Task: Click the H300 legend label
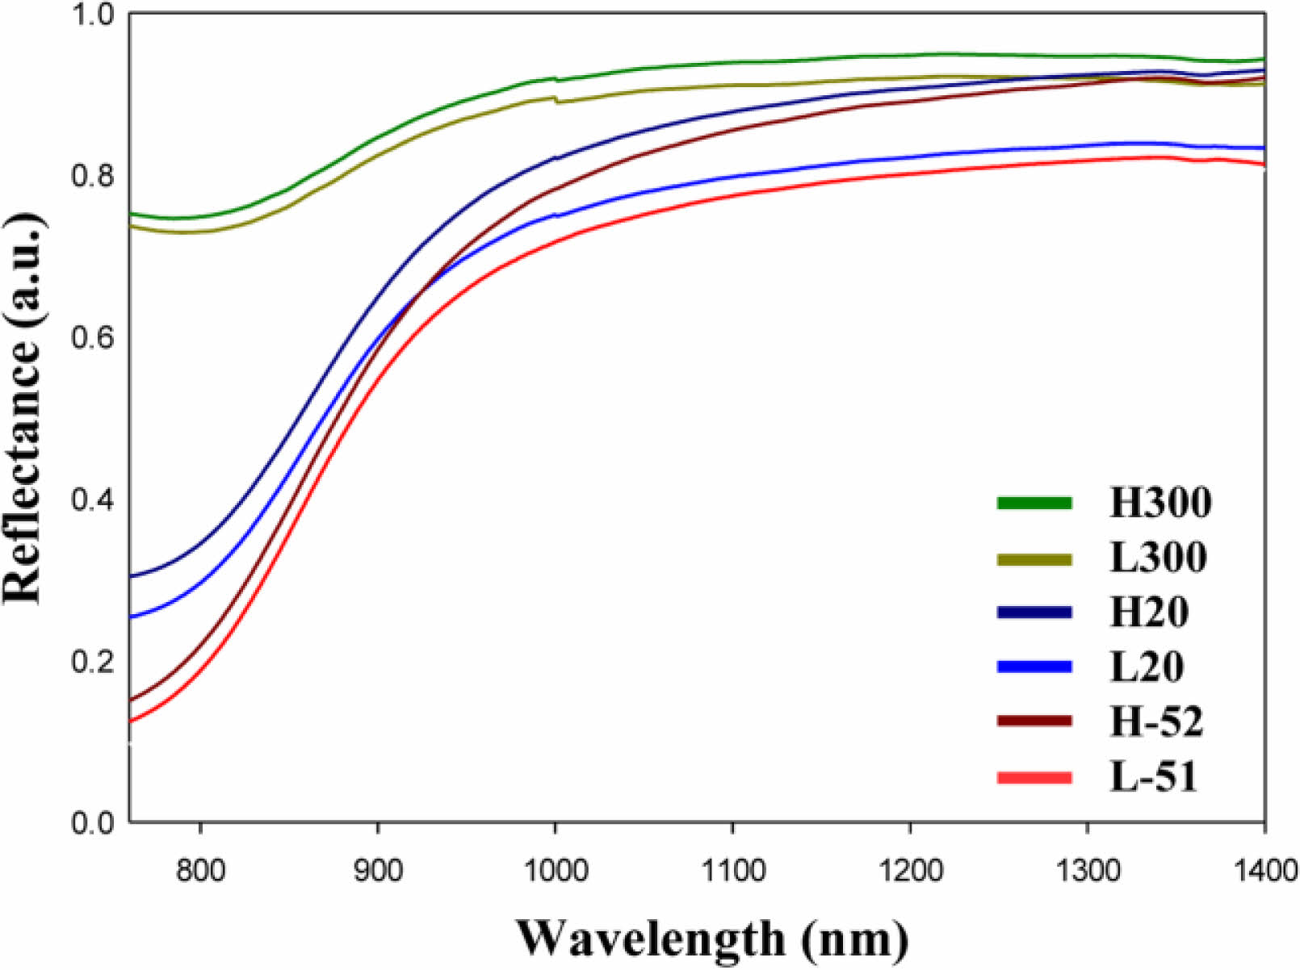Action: click(x=1160, y=503)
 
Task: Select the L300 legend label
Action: click(x=1158, y=558)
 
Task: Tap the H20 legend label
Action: click(x=1149, y=612)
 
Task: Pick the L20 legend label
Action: click(x=1147, y=667)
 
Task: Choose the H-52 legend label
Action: click(x=1156, y=721)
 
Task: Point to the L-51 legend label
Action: click(x=1153, y=776)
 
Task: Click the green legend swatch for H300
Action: click(x=1034, y=503)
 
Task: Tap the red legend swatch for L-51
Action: click(x=1034, y=778)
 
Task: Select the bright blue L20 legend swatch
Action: click(x=1034, y=667)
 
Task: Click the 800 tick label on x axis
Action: click(x=199, y=872)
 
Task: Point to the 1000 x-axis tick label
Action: click(x=555, y=872)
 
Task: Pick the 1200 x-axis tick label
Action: click(x=910, y=872)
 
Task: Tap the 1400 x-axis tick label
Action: click(x=1264, y=872)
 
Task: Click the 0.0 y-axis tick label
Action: click(x=92, y=823)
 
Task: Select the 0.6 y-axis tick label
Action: click(x=92, y=337)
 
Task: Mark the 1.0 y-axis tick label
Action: click(x=92, y=15)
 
